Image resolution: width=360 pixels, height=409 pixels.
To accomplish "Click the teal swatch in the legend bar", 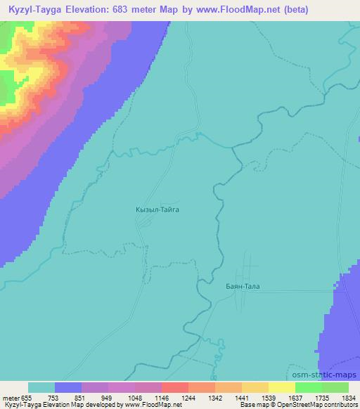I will click(41, 387).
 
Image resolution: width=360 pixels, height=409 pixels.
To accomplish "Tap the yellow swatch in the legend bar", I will click(281, 387).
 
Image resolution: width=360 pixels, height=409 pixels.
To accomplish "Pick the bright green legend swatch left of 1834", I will click(308, 387).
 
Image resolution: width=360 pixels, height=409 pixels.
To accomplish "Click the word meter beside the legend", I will click(10, 397).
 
